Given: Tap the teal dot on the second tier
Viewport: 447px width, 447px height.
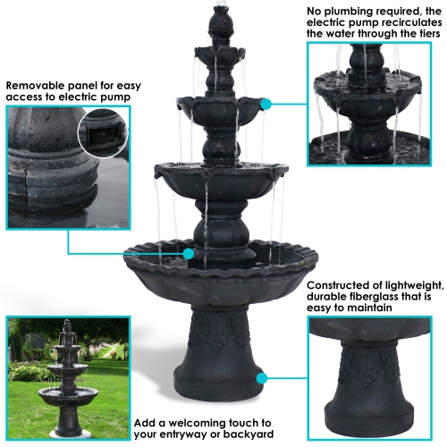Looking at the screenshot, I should click(265, 105).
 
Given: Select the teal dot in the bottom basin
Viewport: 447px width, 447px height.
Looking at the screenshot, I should click(189, 254).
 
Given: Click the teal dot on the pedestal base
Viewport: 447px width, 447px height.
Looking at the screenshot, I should click(260, 378).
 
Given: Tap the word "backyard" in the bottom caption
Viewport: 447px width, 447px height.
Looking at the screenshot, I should click(240, 436).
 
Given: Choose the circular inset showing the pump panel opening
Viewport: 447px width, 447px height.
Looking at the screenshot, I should click(103, 132).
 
